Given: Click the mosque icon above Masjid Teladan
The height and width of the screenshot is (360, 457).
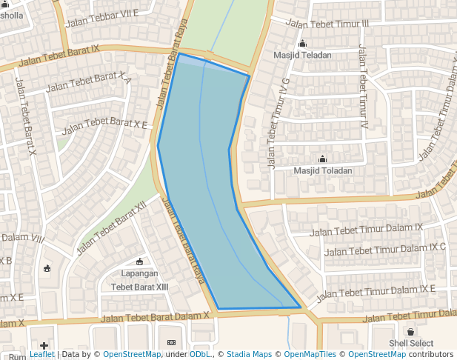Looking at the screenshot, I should point(304,43).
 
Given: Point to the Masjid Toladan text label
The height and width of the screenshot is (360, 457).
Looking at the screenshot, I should point(322,170).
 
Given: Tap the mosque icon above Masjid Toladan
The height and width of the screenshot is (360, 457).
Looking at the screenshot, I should point(322,159).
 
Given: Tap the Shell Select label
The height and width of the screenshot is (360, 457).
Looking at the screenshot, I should point(411,344).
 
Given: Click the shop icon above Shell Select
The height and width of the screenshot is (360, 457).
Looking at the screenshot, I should point(411,332).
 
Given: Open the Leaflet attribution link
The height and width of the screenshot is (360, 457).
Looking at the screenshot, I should point(42,355).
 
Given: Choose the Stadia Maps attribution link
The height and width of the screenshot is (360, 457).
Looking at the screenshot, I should point(249,355).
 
